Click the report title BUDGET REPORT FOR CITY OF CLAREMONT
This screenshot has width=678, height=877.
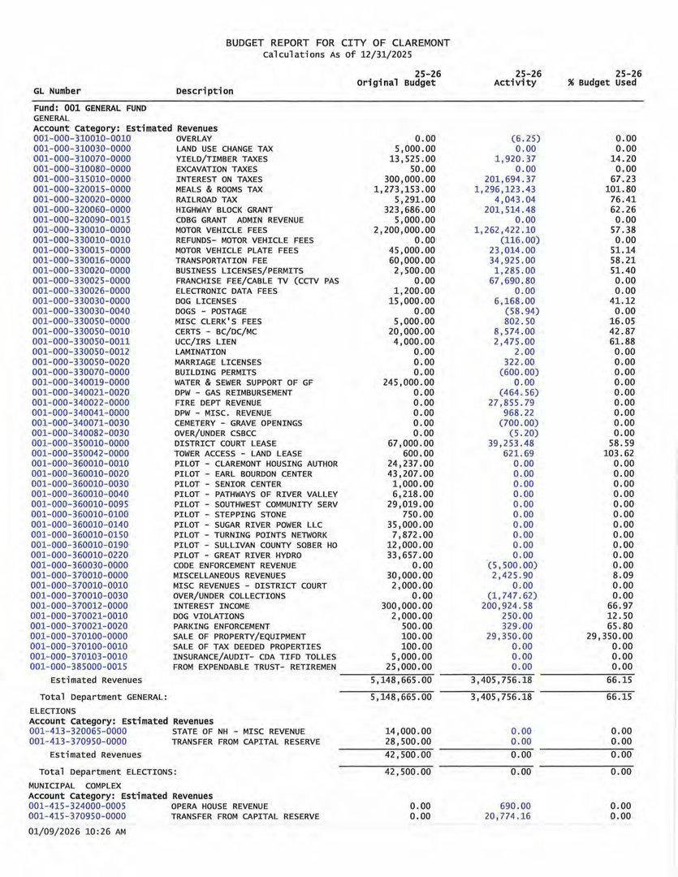tap(338, 42)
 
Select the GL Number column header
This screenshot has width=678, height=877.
tap(57, 91)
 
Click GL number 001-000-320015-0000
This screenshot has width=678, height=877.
tap(81, 189)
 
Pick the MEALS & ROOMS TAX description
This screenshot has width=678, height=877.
tap(219, 189)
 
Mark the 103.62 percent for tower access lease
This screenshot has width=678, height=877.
tap(619, 453)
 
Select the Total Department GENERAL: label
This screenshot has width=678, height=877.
tap(103, 697)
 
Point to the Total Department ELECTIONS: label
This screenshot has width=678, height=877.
tap(108, 771)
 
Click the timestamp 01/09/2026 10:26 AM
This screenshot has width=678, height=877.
tap(76, 832)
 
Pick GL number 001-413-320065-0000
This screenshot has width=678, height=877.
tap(78, 731)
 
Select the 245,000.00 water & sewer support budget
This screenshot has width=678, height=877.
tap(406, 382)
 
